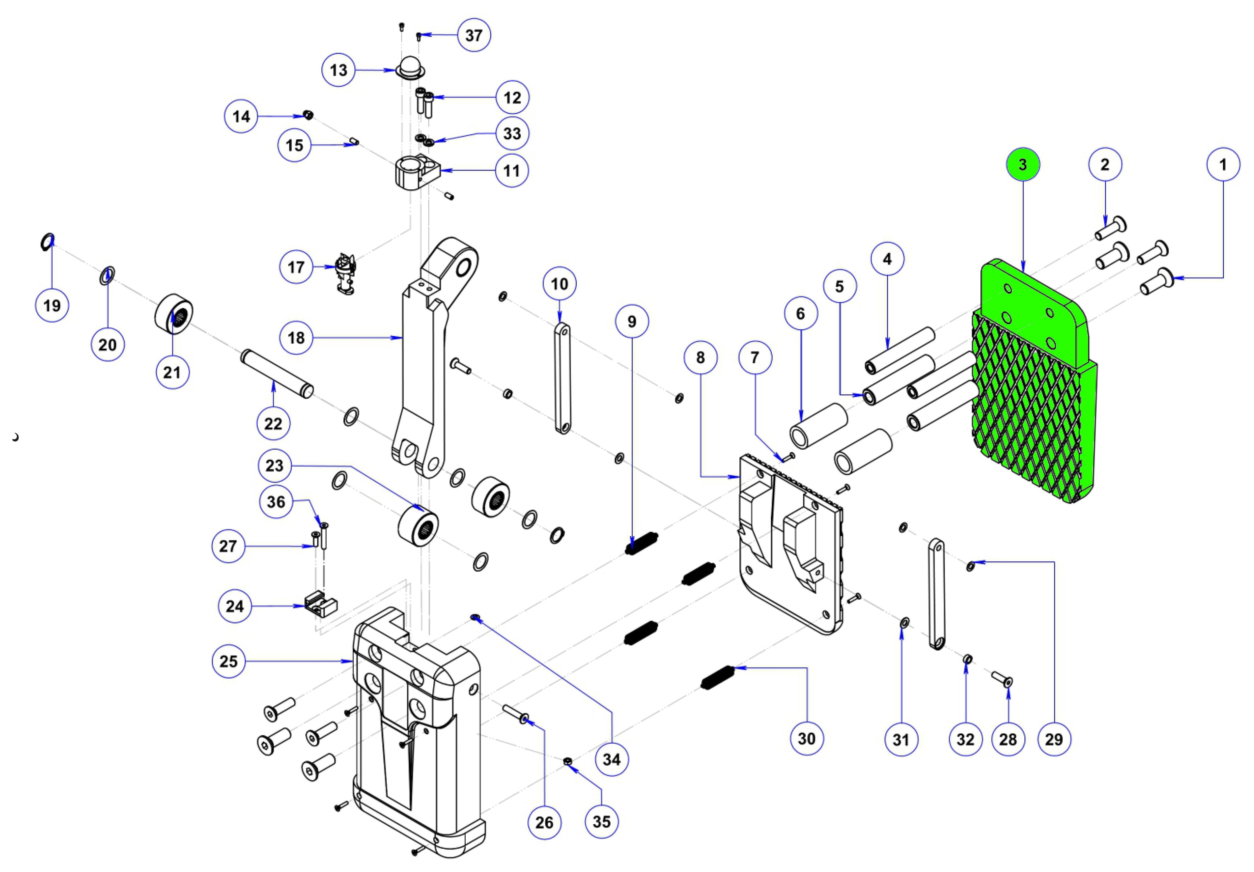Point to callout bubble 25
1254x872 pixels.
coord(228,661)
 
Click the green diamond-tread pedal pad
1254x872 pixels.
coord(1027,404)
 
